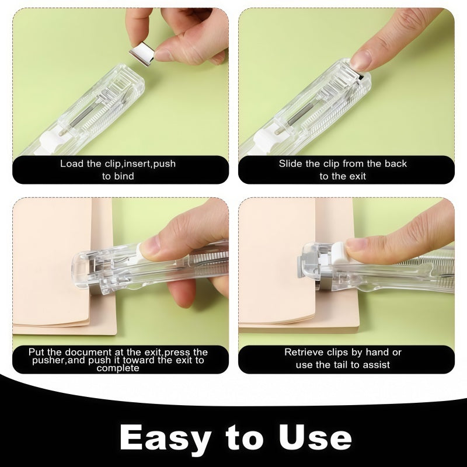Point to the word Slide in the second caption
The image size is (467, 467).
pyautogui.click(x=291, y=163)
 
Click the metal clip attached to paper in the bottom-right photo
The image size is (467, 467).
pyautogui.click(x=308, y=266)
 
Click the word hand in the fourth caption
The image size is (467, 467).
pyautogui.click(x=379, y=352)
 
